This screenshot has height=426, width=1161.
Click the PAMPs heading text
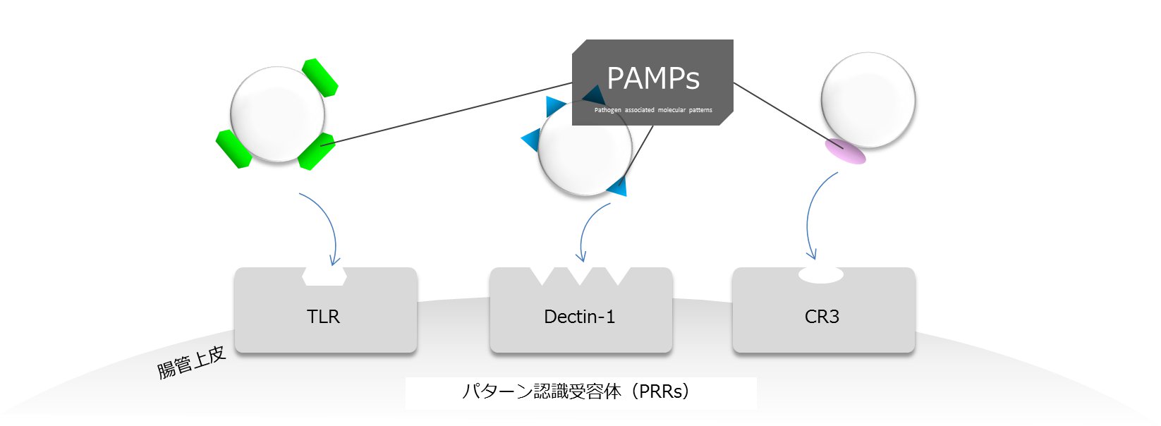(x=653, y=78)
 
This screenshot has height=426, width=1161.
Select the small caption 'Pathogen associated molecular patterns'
(x=653, y=110)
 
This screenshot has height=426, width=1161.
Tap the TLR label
(x=324, y=316)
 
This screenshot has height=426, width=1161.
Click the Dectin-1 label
(x=580, y=316)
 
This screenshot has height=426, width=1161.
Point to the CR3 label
(x=822, y=316)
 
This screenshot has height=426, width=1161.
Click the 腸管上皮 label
(x=191, y=363)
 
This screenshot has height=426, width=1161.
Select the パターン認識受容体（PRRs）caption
(x=576, y=391)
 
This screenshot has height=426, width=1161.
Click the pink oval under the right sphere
(x=845, y=152)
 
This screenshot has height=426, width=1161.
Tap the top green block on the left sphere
(x=320, y=77)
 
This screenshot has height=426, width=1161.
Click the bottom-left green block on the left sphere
(x=233, y=149)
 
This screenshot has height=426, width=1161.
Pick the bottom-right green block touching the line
(x=317, y=151)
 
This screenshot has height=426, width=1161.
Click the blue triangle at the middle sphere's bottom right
(x=618, y=187)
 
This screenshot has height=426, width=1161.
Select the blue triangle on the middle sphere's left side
(x=532, y=140)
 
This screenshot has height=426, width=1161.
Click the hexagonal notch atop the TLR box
(x=324, y=276)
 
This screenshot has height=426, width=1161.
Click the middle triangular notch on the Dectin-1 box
(x=580, y=276)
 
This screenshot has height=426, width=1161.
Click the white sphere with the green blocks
(x=278, y=114)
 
